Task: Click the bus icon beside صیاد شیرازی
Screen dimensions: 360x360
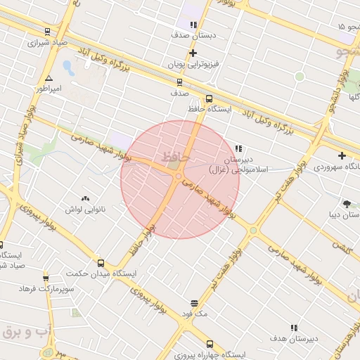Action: point(47,31)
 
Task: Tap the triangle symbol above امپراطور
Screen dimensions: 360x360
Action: point(49,78)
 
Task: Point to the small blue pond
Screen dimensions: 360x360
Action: point(68,67)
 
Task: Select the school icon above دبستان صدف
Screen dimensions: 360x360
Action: point(193,25)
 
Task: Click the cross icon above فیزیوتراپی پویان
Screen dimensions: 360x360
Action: point(193,53)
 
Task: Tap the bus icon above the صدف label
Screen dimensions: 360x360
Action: point(179,82)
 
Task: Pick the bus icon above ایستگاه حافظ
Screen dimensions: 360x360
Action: point(209,99)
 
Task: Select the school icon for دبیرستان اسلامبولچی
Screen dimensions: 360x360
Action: point(238,149)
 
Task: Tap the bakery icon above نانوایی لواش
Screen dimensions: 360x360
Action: point(86,200)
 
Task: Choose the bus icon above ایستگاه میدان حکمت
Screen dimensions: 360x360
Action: point(101,263)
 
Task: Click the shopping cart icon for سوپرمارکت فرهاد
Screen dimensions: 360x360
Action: point(46,279)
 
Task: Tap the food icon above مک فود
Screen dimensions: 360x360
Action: point(194,304)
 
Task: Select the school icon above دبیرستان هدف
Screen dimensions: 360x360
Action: point(293,328)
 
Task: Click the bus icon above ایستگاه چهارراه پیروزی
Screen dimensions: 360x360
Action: point(209,345)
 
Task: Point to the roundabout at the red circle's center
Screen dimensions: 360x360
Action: point(179,176)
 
